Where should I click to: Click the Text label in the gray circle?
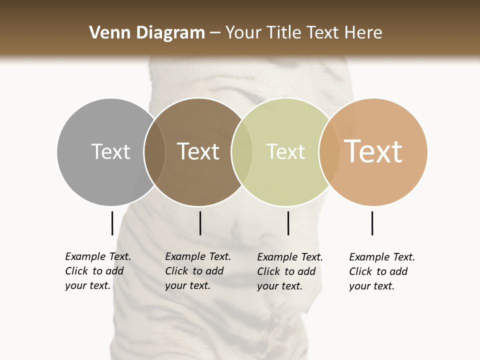110,151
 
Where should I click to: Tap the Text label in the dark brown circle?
198,151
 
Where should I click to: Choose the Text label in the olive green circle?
285,151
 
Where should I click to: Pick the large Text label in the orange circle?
373,151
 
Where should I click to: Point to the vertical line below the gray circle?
112,223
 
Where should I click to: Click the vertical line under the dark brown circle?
200,223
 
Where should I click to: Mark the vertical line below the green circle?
288,223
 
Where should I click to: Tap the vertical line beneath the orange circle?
372,223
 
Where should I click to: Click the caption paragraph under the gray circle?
97,271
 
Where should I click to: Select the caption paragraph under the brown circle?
197,271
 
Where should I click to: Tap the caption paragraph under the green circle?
289,271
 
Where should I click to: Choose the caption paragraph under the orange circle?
381,271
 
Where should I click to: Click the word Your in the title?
243,33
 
